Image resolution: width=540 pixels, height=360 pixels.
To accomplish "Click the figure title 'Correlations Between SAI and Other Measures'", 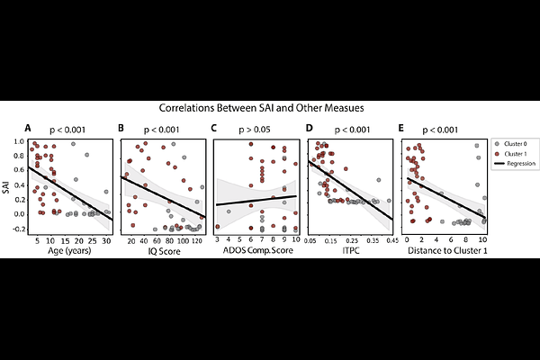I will (261, 107).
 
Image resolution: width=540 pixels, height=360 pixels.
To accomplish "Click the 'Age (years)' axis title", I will (71, 252).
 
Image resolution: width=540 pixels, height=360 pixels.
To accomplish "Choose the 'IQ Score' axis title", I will (164, 252).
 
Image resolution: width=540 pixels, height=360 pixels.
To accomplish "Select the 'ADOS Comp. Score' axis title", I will (256, 252).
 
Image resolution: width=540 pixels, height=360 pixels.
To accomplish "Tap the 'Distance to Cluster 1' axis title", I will (443, 252).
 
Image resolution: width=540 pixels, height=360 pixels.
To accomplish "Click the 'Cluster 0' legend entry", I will (517, 145).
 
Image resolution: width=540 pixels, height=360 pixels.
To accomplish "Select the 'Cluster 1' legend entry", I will (517, 155).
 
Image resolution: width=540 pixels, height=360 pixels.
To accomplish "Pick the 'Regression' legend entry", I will (519, 165).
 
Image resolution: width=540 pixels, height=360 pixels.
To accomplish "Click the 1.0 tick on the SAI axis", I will (20, 142).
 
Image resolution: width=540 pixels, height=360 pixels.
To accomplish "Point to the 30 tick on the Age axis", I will (106, 241).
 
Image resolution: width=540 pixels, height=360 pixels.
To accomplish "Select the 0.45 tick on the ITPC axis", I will (391, 241).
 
